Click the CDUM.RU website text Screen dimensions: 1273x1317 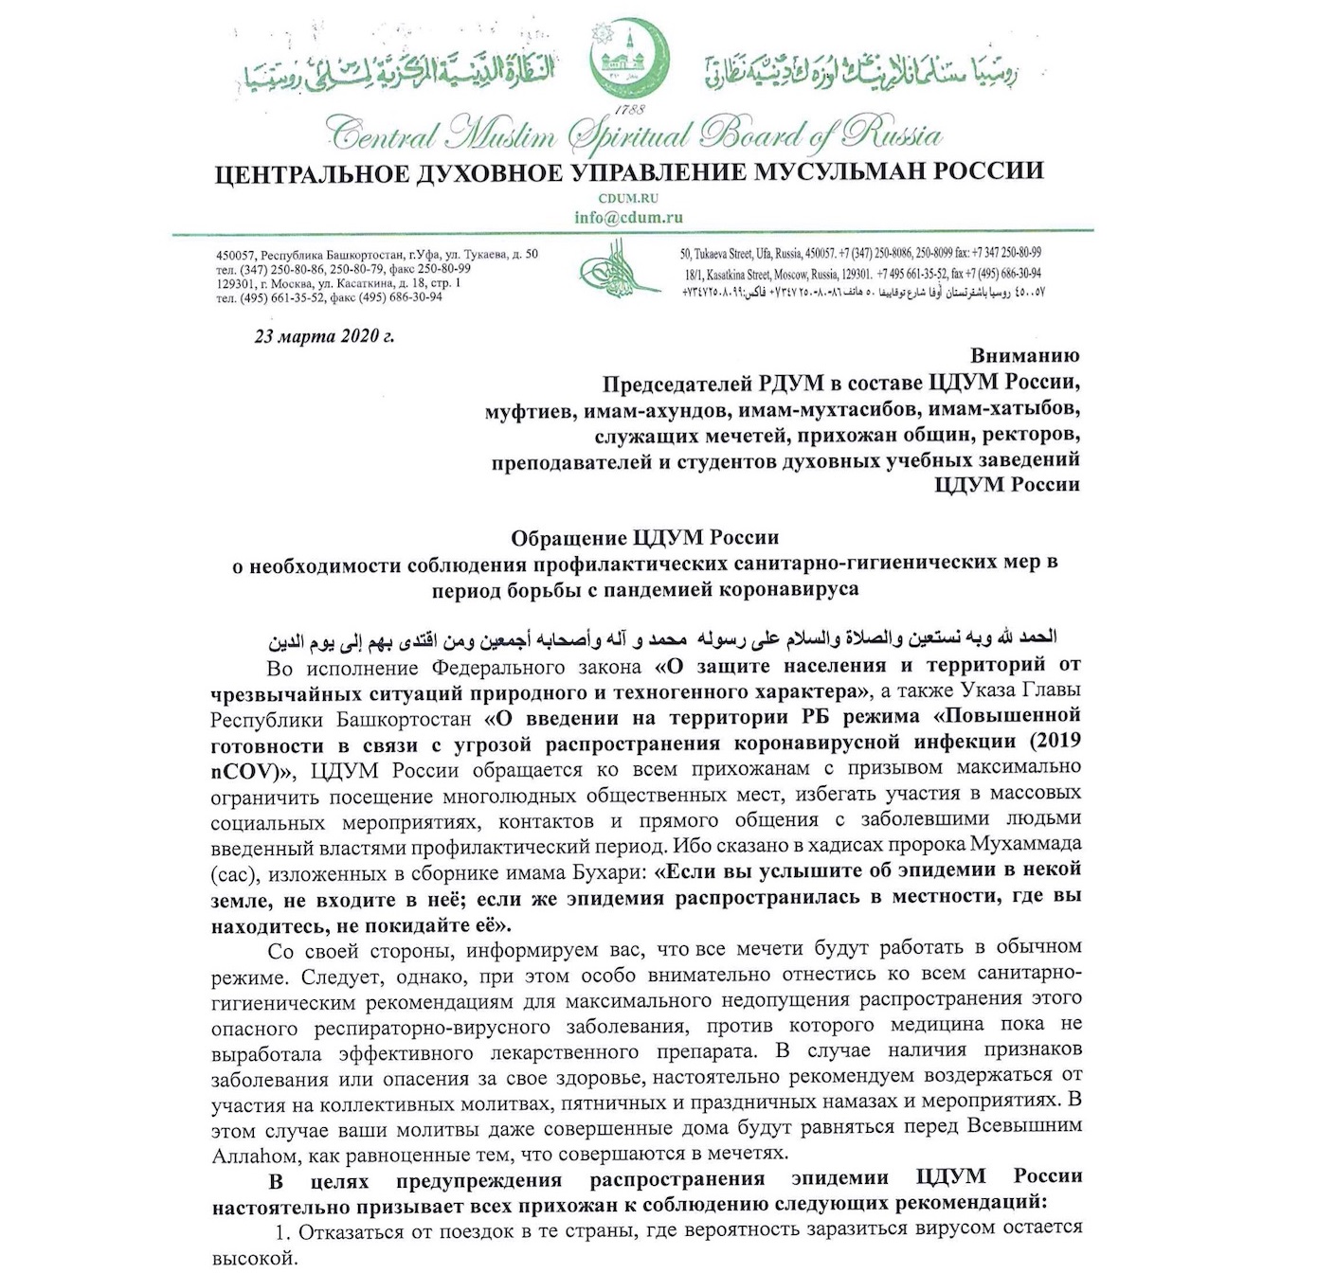(628, 199)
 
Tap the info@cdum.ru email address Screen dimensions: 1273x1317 (628, 217)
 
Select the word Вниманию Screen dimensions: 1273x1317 (1025, 356)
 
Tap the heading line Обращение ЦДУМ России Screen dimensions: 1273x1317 (644, 538)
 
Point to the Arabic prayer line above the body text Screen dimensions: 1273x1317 (662, 638)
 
